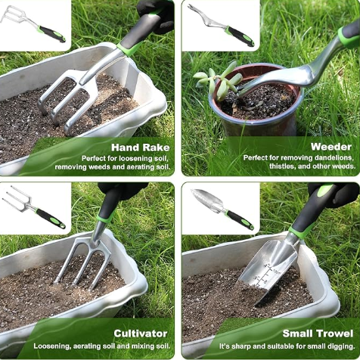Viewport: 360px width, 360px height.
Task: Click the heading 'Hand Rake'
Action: [x=141, y=147]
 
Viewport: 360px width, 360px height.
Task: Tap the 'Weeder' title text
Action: [x=331, y=147]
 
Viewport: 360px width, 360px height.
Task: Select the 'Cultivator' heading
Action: [x=141, y=334]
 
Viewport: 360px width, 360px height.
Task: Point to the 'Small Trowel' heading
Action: [x=318, y=334]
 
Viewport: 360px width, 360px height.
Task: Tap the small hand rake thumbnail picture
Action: [x=33, y=24]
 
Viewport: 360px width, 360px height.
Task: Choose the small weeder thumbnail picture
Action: [x=221, y=25]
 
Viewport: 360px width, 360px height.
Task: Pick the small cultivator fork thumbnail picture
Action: [x=33, y=206]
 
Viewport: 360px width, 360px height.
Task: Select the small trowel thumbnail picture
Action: [x=222, y=209]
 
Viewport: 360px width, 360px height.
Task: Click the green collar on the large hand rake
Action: [x=129, y=49]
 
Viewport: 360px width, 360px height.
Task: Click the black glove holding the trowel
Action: [x=335, y=194]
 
